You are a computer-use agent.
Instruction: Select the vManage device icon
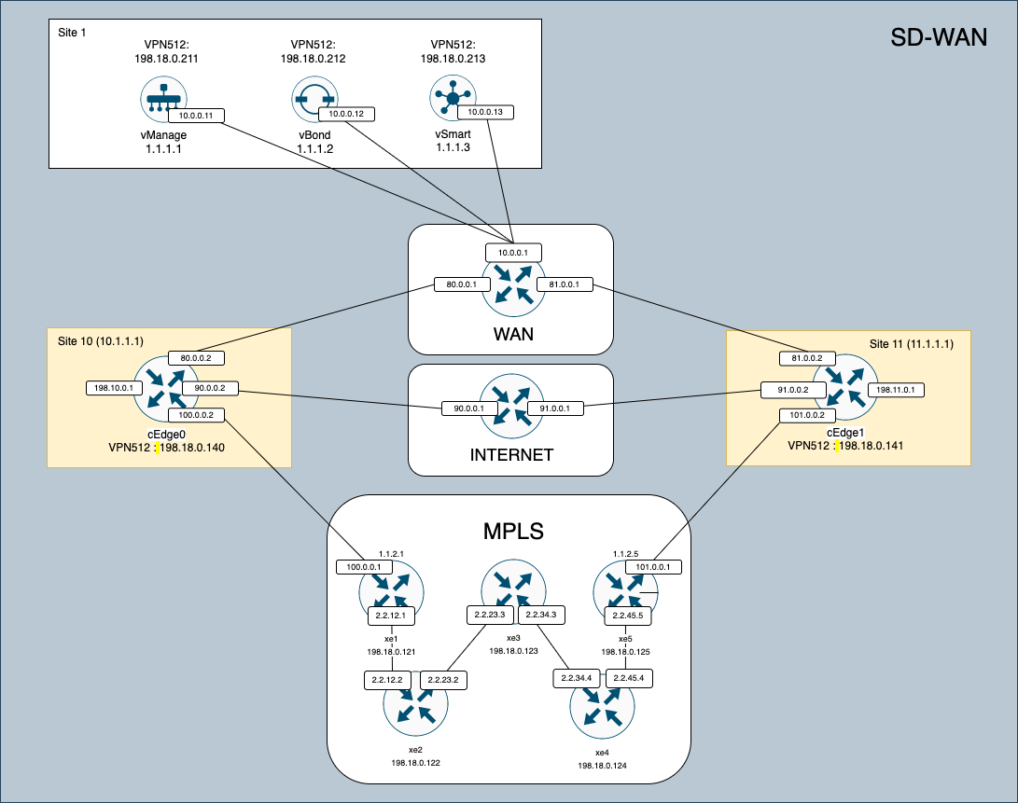pos(163,100)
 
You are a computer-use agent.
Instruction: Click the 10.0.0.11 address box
pos(196,117)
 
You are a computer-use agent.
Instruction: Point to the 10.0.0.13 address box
pos(485,112)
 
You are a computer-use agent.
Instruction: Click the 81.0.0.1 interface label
pos(565,284)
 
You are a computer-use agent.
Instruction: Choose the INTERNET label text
pos(510,455)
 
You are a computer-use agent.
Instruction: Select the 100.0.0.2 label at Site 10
pos(197,415)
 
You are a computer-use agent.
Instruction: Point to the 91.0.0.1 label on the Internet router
pos(556,408)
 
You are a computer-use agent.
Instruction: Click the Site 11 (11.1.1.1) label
pos(911,343)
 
